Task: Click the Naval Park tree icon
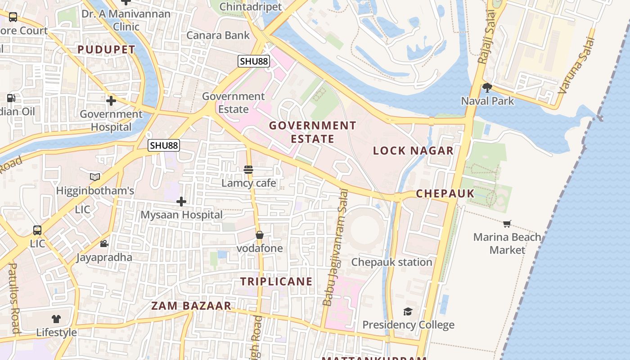click(487, 88)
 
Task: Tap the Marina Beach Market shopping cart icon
click(507, 224)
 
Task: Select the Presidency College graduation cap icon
click(408, 311)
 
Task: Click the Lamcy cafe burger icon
click(248, 170)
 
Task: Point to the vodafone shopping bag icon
click(260, 235)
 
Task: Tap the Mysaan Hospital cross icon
click(181, 202)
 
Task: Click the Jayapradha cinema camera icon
click(104, 244)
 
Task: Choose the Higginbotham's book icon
click(95, 177)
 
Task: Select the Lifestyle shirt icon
click(56, 319)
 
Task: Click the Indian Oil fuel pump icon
click(11, 98)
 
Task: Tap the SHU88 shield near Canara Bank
click(254, 61)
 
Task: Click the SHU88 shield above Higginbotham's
click(164, 145)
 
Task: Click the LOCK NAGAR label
click(413, 151)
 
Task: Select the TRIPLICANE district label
click(276, 282)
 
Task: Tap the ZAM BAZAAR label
click(191, 306)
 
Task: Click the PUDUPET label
click(107, 49)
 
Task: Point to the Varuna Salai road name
click(576, 65)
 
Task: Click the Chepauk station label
click(391, 262)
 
